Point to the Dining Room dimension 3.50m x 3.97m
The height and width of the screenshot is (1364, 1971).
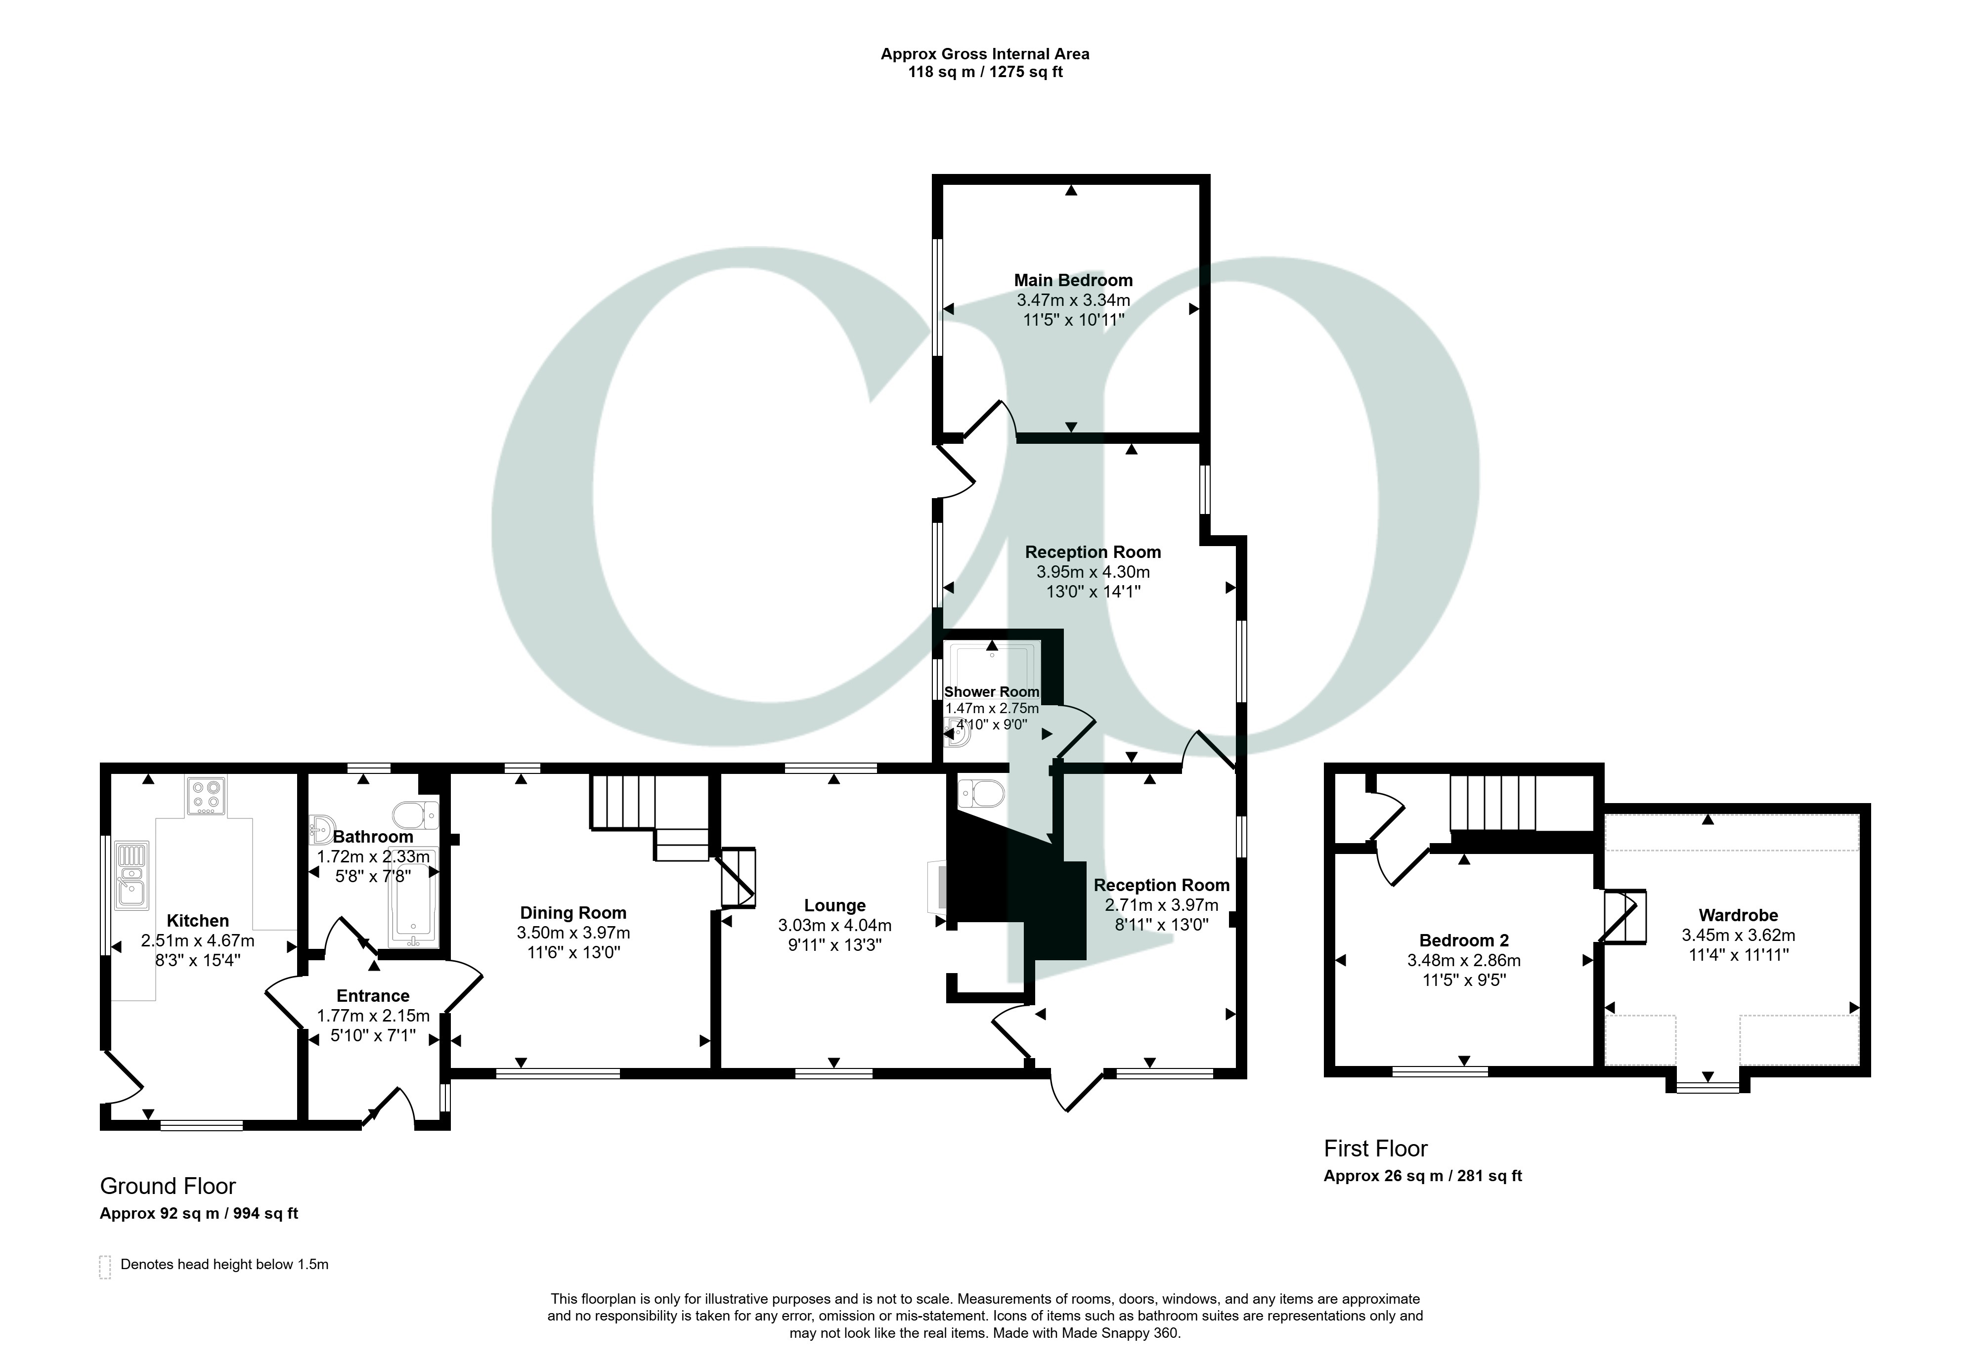point(572,933)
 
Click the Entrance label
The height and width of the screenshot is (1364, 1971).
point(373,996)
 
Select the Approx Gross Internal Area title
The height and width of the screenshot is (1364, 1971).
point(985,54)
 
